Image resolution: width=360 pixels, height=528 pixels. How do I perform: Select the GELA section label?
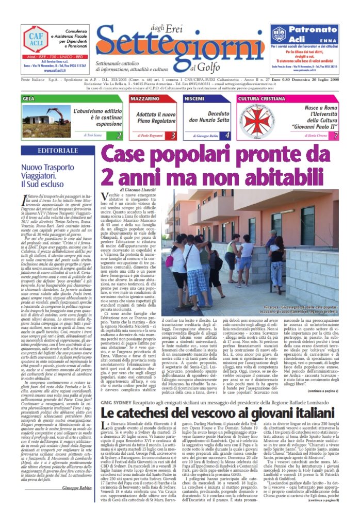(x=29, y=98)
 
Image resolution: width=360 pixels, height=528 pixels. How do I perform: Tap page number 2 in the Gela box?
(x=119, y=136)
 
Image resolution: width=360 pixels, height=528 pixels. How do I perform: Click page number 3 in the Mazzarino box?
(x=173, y=136)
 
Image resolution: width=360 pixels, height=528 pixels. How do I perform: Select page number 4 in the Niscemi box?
(x=227, y=136)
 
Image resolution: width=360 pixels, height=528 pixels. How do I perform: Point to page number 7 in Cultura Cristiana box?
(x=335, y=136)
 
